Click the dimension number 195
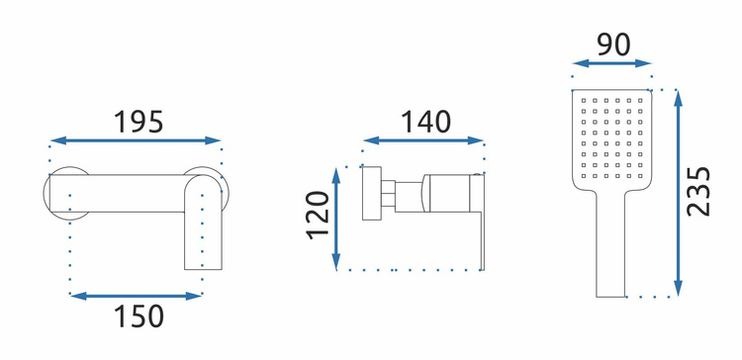(x=139, y=122)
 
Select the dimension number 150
(x=139, y=316)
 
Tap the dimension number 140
(x=425, y=121)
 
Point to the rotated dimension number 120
(x=318, y=216)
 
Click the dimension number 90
(x=613, y=45)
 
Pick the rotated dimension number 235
(x=698, y=192)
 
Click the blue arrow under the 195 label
(x=136, y=140)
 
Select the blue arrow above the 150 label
(x=137, y=296)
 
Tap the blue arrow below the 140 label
(x=423, y=140)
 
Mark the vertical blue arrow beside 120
(x=336, y=219)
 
